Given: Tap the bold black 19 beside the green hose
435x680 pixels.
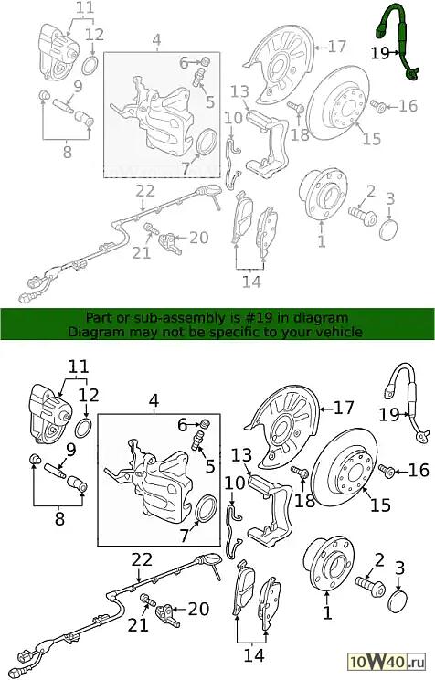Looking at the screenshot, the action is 380,53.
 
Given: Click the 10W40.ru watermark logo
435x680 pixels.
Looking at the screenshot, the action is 387,662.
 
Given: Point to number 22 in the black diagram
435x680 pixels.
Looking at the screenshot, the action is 141,560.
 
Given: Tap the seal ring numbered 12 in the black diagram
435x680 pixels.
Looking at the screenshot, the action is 84,429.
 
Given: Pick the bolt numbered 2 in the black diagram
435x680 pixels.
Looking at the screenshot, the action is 370,587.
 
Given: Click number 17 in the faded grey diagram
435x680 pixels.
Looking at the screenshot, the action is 337,47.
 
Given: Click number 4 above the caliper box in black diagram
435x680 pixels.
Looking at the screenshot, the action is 154,401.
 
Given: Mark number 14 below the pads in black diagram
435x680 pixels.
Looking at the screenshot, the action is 254,655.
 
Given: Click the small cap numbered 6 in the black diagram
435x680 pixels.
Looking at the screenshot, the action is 206,422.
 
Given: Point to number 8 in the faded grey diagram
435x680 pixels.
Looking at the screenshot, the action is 67,153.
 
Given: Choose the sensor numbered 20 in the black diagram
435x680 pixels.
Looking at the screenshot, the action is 167,612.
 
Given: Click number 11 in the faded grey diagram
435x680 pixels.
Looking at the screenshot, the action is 84,8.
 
